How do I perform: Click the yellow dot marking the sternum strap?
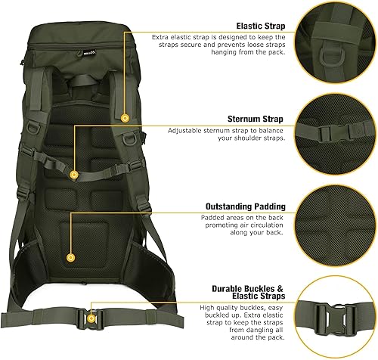tap(74, 175)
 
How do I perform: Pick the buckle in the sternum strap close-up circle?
tap(336, 131)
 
